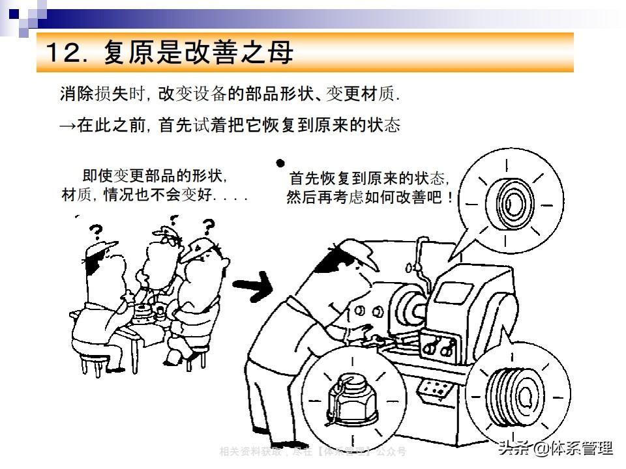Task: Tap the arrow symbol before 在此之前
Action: pyautogui.click(x=68, y=125)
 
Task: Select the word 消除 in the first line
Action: pyautogui.click(x=76, y=95)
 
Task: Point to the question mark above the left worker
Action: pyautogui.click(x=96, y=231)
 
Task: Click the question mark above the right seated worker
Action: pyautogui.click(x=208, y=226)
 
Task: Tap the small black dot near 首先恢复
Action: pyautogui.click(x=281, y=163)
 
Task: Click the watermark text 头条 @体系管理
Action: pyautogui.click(x=555, y=448)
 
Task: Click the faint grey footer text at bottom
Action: pyautogui.click(x=312, y=451)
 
